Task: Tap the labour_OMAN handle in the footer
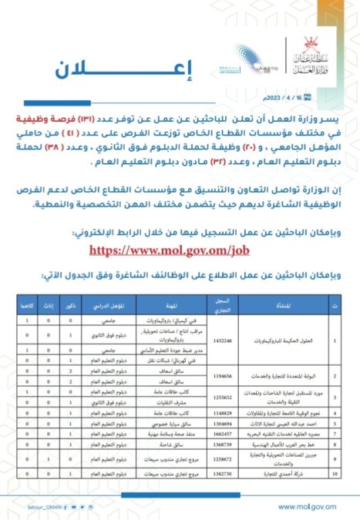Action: point(30,505)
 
